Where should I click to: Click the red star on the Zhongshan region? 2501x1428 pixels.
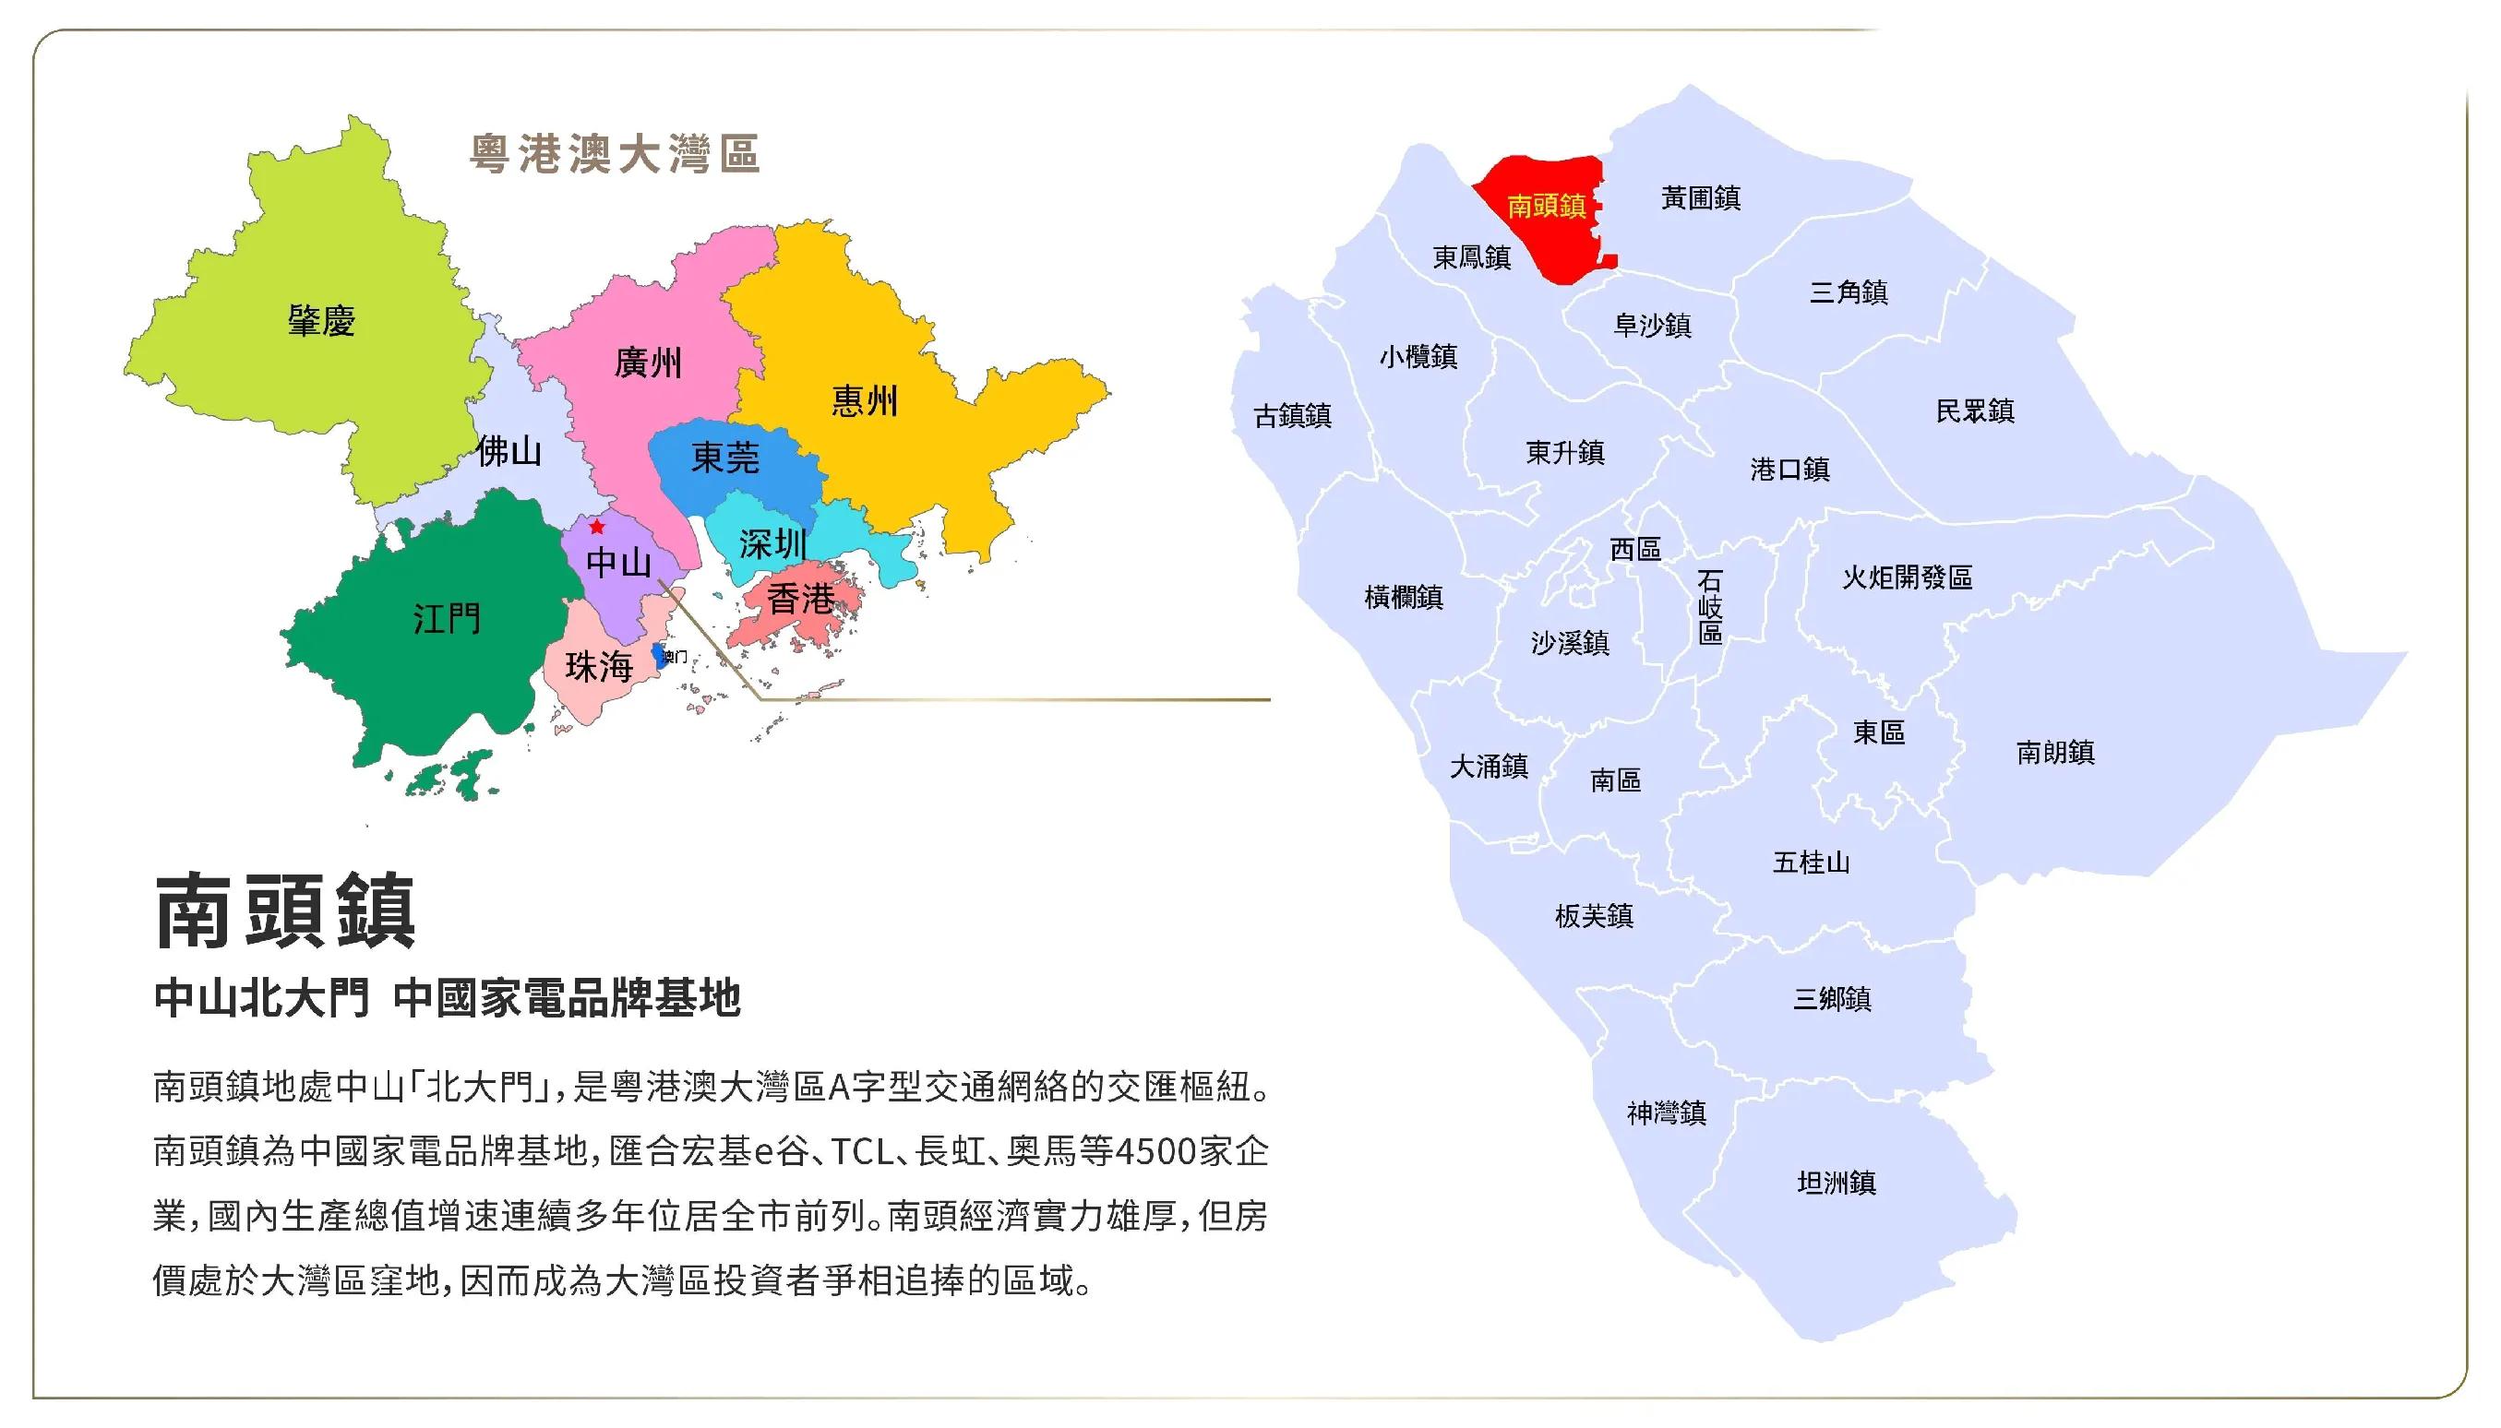(596, 527)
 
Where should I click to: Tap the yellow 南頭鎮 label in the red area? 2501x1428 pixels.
(1547, 206)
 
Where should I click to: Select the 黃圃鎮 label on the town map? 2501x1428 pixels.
(1700, 198)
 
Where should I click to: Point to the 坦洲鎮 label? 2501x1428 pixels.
(1836, 1183)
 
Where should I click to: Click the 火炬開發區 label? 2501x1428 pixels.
(1907, 577)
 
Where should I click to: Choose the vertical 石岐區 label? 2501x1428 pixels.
(1709, 607)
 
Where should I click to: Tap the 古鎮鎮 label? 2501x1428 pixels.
(1292, 417)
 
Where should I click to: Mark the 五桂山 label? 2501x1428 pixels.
(1811, 863)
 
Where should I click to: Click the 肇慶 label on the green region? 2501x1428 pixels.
(321, 321)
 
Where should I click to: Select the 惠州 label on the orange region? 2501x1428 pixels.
(864, 401)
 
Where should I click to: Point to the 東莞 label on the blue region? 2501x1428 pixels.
(725, 458)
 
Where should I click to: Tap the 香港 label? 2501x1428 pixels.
(799, 599)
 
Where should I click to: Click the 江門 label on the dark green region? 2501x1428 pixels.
(447, 619)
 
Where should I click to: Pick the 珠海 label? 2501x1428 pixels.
(599, 668)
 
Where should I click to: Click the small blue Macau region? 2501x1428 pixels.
(658, 655)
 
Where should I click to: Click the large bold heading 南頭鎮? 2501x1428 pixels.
(285, 912)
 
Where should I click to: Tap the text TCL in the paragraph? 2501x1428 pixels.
(861, 1151)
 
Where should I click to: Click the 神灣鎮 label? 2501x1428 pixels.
(1666, 1113)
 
